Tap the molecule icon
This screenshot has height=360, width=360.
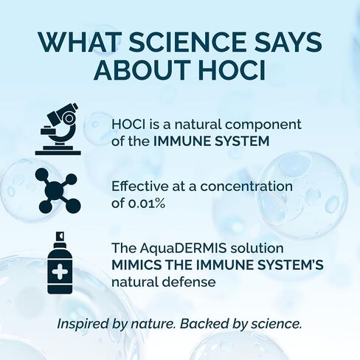point(58,190)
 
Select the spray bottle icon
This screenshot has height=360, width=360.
point(60,263)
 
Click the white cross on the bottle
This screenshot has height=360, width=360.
point(59,271)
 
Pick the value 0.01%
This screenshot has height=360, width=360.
point(147,204)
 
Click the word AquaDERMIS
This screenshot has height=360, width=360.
point(183,249)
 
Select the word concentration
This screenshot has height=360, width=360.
point(246,187)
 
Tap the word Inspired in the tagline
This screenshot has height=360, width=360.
point(83,324)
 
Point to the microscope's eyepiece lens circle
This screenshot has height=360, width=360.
point(69,119)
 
